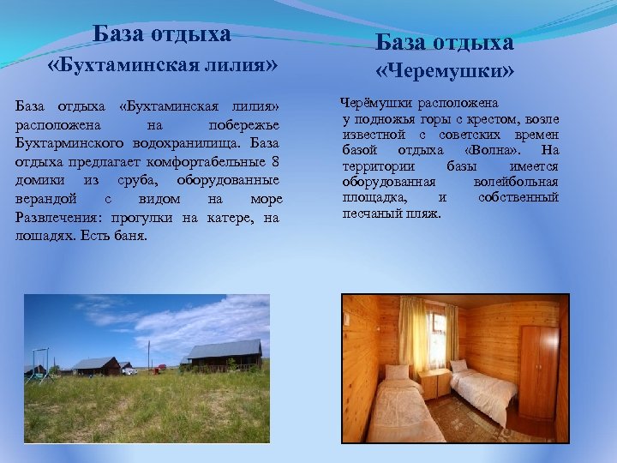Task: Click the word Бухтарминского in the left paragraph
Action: point(66,144)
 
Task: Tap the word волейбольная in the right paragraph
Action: point(515,182)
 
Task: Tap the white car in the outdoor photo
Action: point(129,370)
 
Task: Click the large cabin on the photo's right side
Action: point(225,354)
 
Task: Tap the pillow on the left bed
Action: point(397,373)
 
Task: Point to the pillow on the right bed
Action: point(459,366)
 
